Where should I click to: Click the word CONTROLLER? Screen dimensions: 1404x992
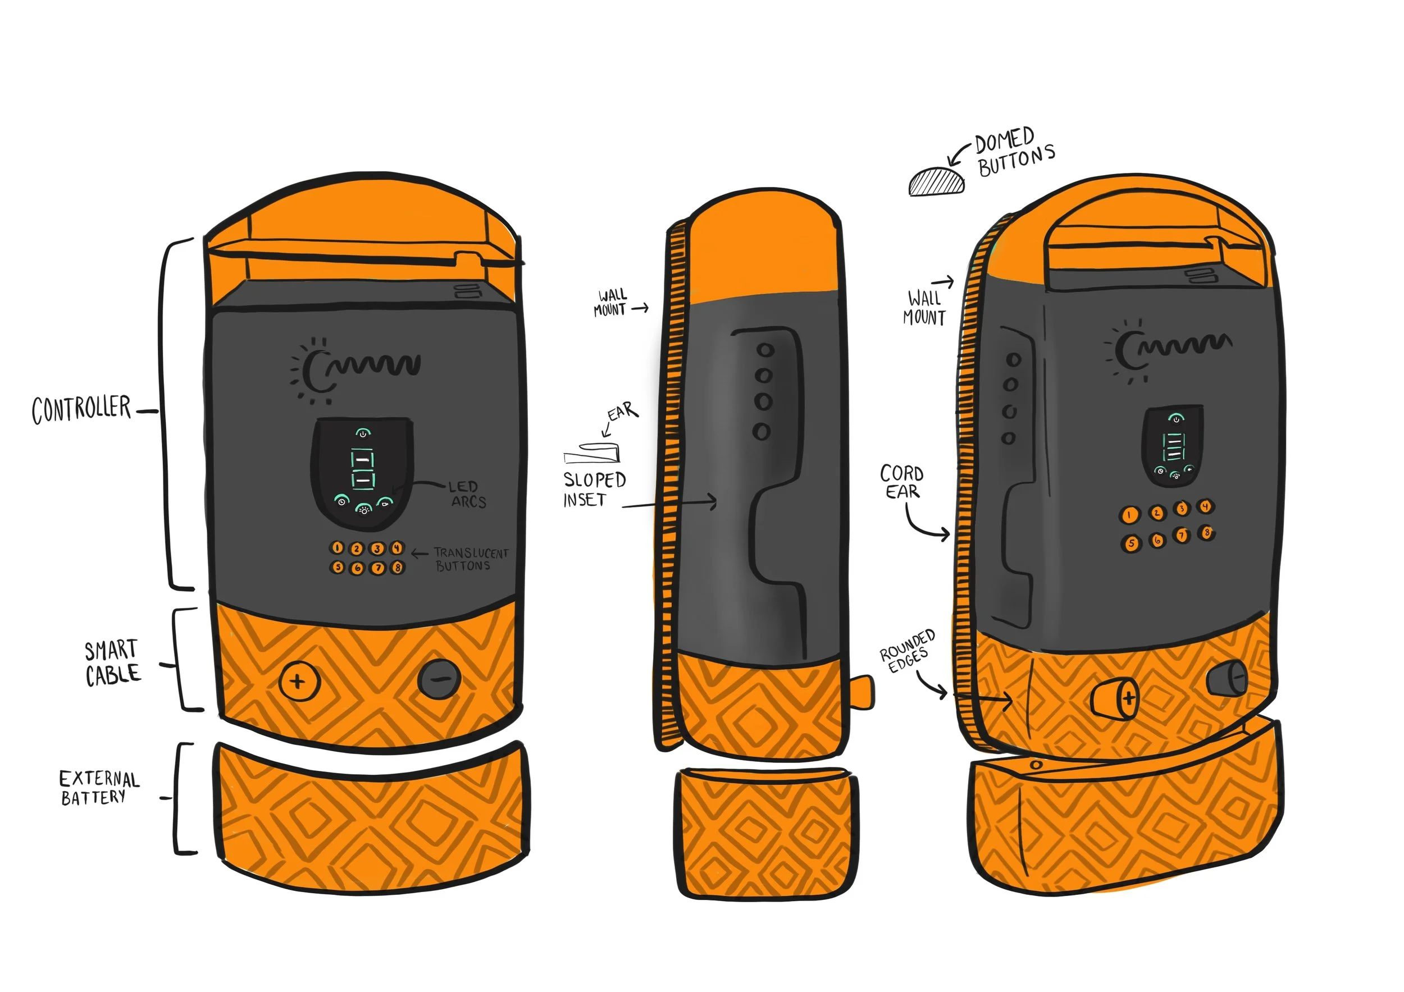point(81,409)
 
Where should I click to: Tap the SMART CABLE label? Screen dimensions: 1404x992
point(112,663)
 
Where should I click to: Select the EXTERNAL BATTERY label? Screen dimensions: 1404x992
point(99,788)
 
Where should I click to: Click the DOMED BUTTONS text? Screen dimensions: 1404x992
point(1014,153)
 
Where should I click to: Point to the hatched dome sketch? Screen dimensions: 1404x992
point(936,182)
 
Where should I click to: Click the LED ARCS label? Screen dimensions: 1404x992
point(467,495)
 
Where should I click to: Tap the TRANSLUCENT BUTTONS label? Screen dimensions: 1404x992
point(470,559)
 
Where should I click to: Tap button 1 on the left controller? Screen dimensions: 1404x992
point(337,547)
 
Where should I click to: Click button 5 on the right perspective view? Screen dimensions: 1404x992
point(1132,543)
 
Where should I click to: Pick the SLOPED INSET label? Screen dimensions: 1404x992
point(593,489)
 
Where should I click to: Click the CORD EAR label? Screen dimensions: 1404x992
point(902,482)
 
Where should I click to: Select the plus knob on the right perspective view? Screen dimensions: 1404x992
point(1116,698)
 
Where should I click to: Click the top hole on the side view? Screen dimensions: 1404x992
point(765,351)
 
